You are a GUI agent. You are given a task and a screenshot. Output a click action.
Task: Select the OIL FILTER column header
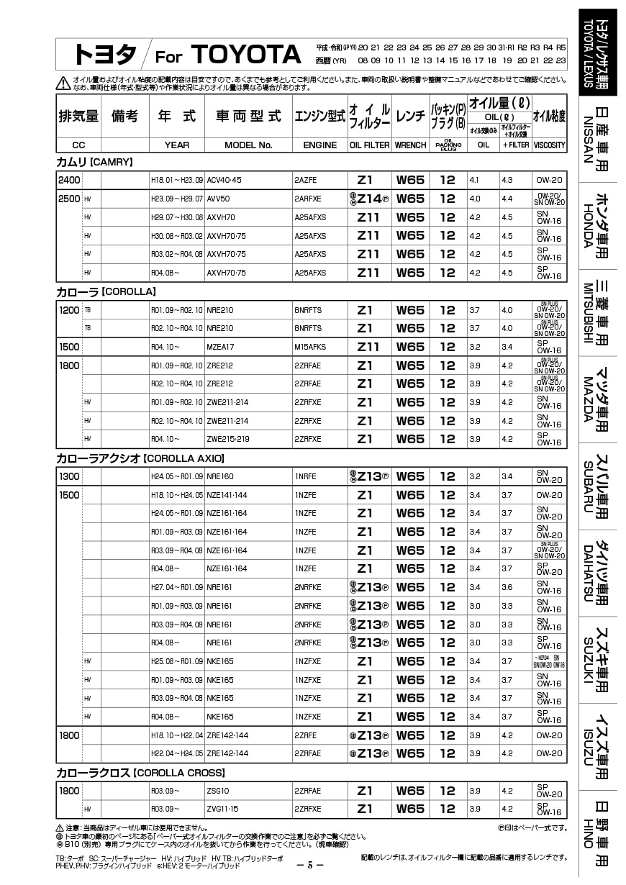(369, 145)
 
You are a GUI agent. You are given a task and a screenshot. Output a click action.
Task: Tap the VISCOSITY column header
(549, 145)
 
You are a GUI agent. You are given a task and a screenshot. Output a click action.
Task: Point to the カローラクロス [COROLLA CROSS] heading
(140, 773)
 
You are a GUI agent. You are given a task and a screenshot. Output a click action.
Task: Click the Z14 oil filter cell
(369, 199)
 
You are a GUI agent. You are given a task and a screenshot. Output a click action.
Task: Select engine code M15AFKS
(311, 347)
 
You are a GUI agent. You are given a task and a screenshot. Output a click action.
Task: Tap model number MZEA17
(221, 347)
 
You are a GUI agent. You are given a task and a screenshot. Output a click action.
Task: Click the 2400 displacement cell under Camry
(69, 180)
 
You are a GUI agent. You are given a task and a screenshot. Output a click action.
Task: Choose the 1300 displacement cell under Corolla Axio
(69, 476)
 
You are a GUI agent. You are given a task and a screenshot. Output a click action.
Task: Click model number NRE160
(220, 476)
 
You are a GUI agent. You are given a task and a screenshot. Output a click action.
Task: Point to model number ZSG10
(219, 791)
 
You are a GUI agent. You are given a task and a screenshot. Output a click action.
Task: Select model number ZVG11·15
(223, 809)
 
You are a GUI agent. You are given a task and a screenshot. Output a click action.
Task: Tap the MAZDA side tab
(597, 400)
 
